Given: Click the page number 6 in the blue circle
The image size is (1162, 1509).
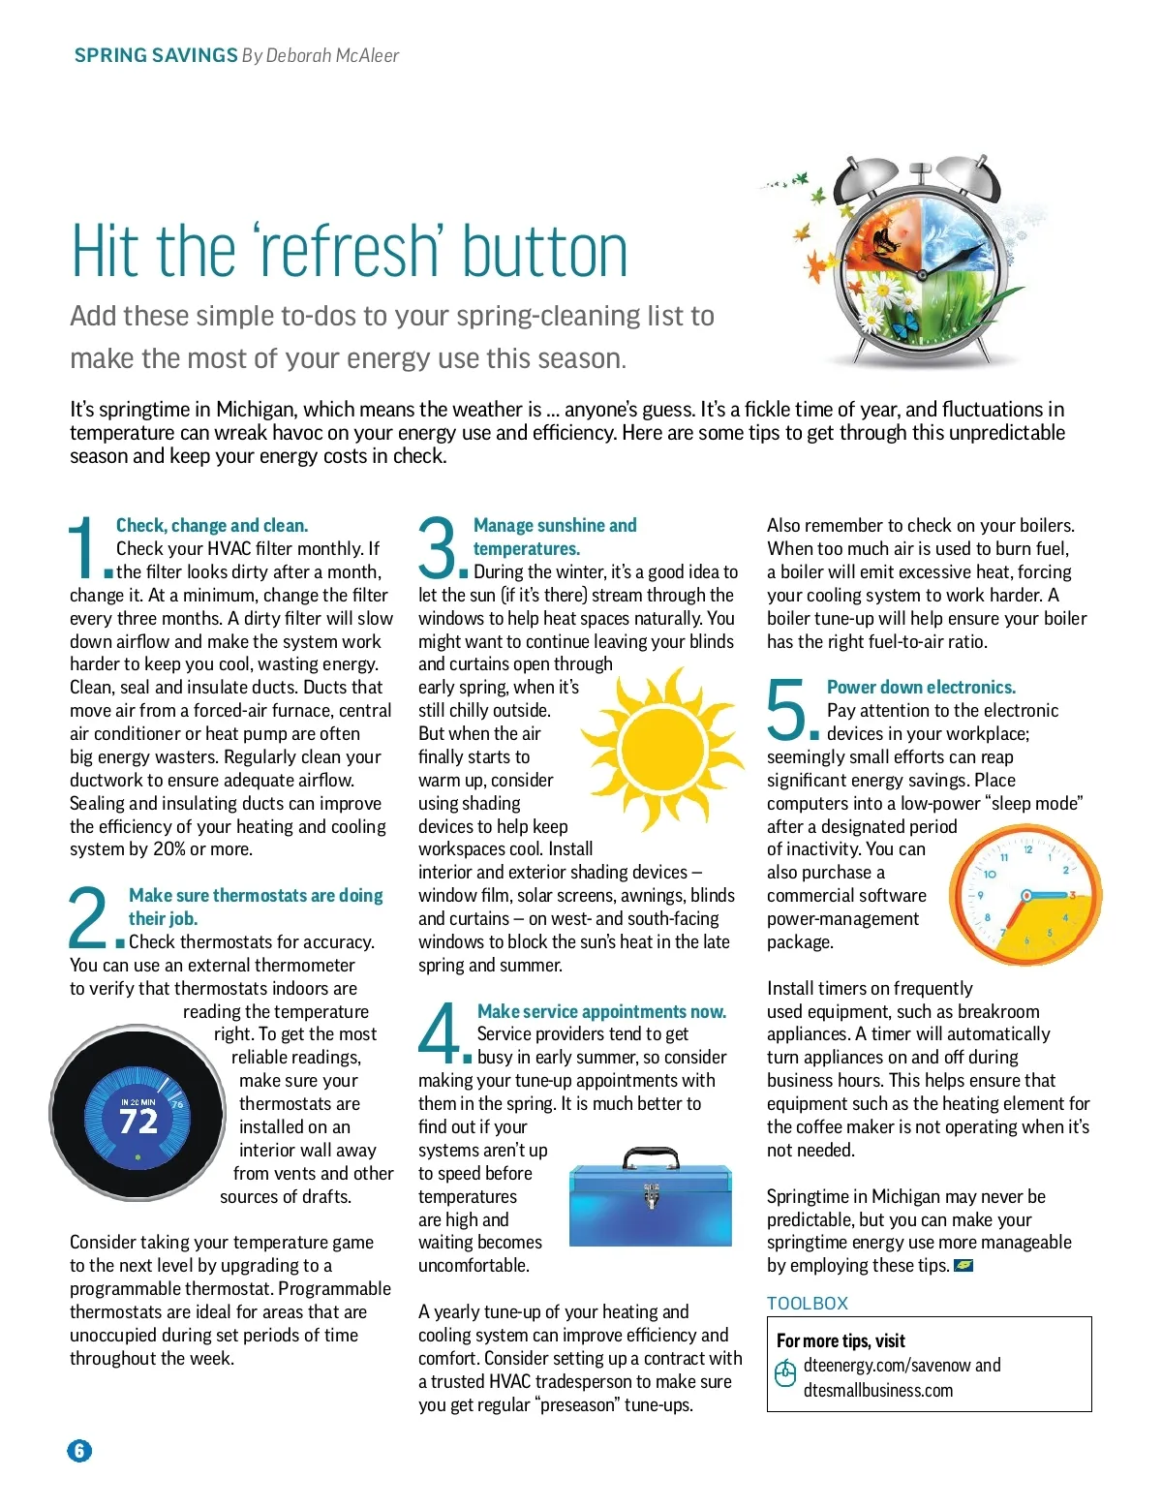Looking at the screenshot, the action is point(79,1451).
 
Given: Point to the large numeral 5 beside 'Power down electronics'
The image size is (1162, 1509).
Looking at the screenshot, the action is point(786,708).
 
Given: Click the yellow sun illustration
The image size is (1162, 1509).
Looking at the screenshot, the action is point(663,750).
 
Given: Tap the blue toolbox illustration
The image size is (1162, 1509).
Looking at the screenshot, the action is point(651,1196).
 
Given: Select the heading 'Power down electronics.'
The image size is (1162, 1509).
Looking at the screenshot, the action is point(921,687).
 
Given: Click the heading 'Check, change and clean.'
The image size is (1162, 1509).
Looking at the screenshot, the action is point(212,525).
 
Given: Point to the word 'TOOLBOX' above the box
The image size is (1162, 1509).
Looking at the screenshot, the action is point(808,1304).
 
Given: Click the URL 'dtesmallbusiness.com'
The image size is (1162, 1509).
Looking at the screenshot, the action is point(878,1390).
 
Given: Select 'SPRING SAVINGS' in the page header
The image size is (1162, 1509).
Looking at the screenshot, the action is point(156,55).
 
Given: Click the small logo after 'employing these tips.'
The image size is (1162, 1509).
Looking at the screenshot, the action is point(963,1265).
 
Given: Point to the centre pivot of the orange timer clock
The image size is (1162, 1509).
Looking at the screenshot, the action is point(1025,897).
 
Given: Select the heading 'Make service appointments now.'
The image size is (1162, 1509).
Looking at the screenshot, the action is point(602,1011).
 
